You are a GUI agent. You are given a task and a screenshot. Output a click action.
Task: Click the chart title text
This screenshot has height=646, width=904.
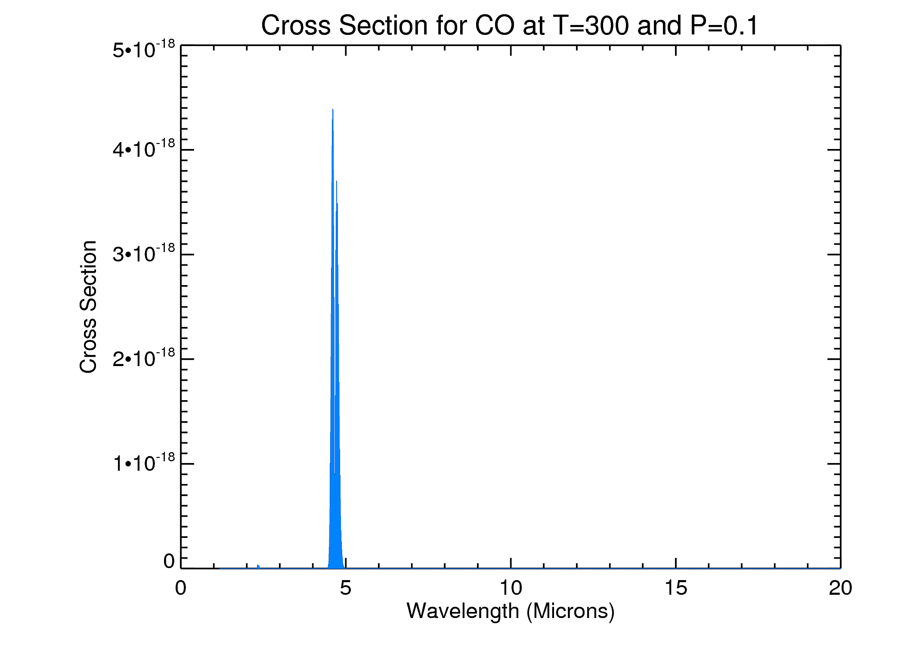coord(509,25)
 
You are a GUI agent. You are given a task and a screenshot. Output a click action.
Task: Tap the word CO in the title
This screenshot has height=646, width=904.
coord(494,25)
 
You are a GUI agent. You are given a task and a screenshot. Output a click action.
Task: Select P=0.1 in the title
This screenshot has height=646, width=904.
coord(724,25)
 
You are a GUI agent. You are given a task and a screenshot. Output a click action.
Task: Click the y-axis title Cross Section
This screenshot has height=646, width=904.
coord(88,307)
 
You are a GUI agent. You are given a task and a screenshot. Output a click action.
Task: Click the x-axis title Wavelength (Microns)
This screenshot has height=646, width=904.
coord(511,611)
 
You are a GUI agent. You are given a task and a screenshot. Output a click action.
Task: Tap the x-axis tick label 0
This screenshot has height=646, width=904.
coord(181,588)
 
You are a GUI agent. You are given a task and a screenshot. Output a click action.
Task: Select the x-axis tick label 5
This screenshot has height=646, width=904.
coord(345,588)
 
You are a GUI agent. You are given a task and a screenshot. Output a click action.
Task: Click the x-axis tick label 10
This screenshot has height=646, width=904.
coord(511,588)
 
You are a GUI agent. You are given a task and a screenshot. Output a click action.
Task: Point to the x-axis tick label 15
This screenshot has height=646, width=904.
coord(675,588)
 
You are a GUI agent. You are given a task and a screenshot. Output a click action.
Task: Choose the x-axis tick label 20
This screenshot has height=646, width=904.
coord(840,588)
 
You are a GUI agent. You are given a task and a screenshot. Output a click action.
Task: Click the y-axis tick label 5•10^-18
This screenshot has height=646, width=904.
coord(144,49)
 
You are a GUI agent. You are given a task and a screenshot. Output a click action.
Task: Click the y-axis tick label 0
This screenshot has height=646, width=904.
coord(169,561)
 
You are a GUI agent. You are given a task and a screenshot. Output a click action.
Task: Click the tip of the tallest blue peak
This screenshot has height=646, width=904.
coord(333,109)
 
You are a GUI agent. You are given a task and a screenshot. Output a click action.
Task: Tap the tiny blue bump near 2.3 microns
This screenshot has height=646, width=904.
coord(258,566)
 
